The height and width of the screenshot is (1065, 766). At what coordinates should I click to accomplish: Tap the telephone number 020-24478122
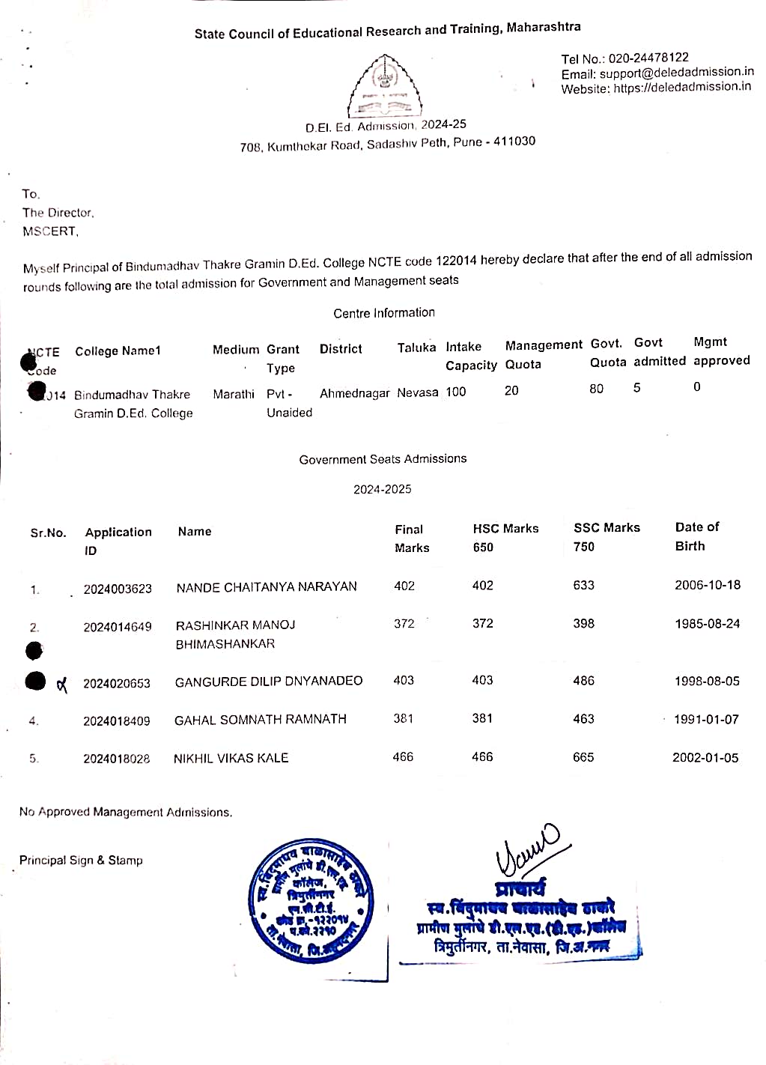coord(648,58)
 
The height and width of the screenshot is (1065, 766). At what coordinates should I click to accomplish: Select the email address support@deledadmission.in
coord(676,73)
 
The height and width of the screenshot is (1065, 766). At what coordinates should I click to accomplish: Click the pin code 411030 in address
coord(514,141)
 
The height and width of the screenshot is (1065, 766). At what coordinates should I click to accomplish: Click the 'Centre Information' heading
coord(384,313)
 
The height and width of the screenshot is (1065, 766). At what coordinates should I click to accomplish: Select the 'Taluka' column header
coord(416,348)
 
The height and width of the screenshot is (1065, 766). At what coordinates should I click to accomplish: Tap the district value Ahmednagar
coord(355,393)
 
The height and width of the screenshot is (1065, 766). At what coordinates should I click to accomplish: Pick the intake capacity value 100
coord(455,392)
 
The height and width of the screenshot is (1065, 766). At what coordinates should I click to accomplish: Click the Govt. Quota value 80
coord(596,389)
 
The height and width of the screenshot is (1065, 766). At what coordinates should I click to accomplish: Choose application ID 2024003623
coord(118,589)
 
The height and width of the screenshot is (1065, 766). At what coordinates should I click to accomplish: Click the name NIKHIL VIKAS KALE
coord(231,758)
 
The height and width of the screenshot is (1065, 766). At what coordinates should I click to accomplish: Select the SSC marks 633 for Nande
coord(583,585)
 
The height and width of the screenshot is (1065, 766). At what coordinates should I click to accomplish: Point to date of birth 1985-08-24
coord(707,623)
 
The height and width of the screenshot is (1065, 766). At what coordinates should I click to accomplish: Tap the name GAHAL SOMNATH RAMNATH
coord(261,720)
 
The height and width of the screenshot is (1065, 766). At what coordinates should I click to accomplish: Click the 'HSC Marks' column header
coord(505,529)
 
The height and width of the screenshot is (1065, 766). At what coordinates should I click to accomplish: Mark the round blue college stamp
coord(311,899)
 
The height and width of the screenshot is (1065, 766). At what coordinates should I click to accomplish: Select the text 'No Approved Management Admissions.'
coord(126,812)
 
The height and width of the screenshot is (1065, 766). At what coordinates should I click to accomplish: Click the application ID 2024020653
coord(117,683)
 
